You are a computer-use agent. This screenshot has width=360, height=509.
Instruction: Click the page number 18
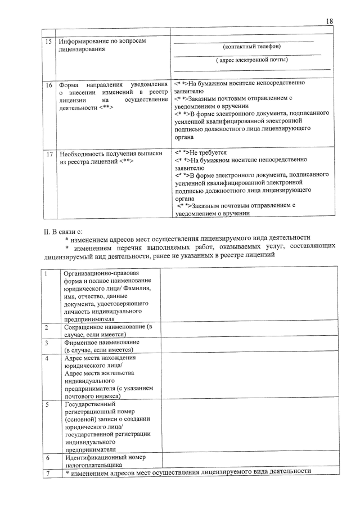(330, 21)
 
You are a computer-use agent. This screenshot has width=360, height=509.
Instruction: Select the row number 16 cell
(48, 85)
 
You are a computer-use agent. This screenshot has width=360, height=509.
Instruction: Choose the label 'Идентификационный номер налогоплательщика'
(101, 461)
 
